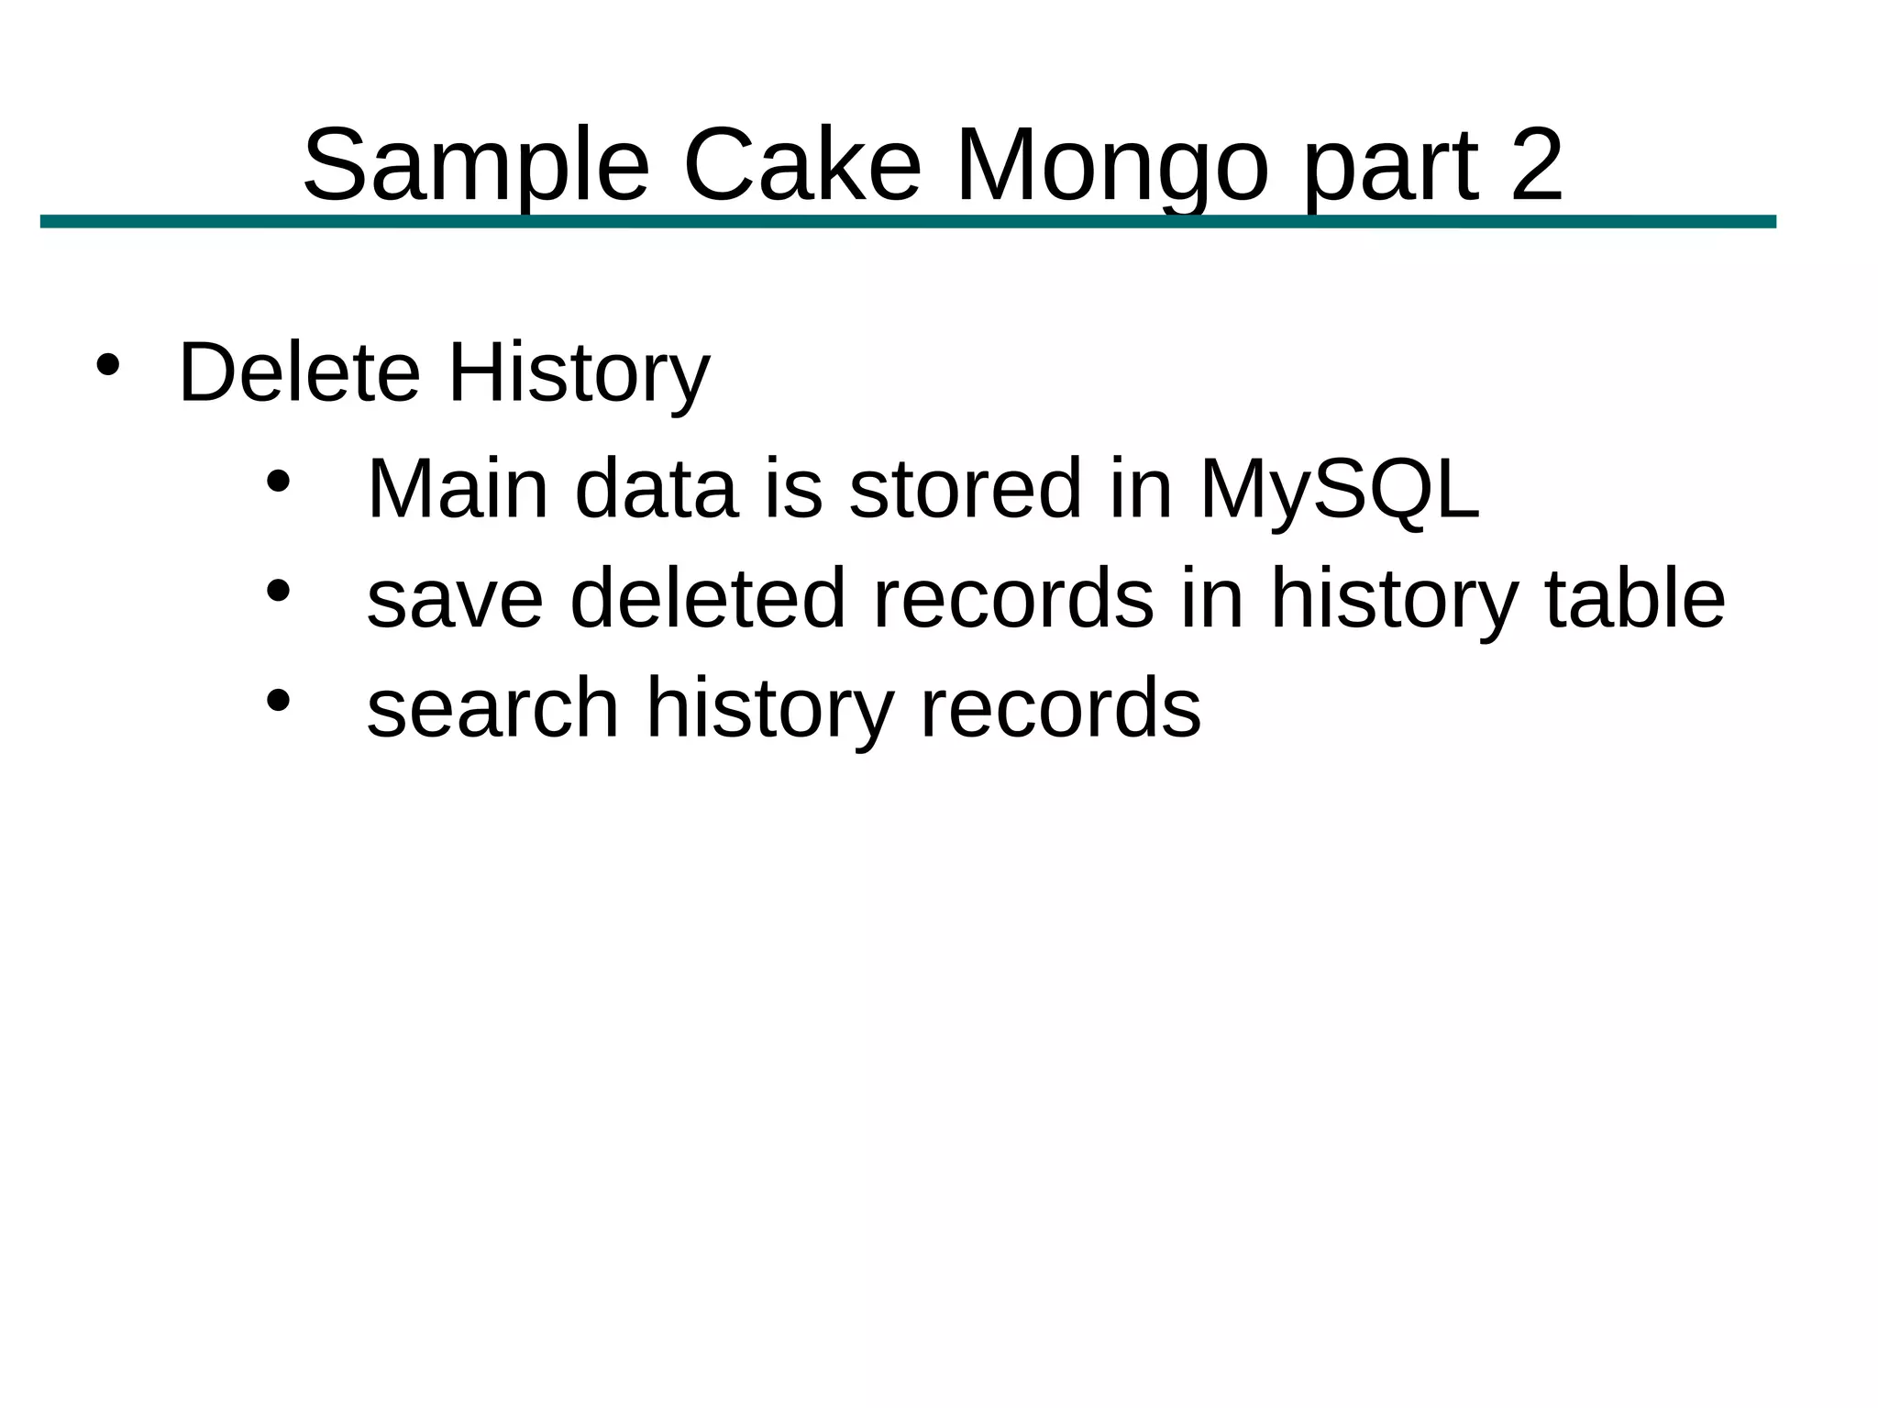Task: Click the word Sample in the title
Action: click(476, 167)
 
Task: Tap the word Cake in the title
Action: click(801, 167)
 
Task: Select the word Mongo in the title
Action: click(1111, 167)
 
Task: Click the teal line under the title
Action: click(908, 222)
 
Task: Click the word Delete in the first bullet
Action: click(299, 373)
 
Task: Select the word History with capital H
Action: click(579, 373)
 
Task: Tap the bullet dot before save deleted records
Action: click(278, 592)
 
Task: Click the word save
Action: click(455, 599)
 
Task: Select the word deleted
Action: click(707, 599)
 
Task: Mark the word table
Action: click(1635, 599)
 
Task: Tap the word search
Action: click(493, 709)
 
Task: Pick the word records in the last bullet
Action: click(1059, 709)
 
